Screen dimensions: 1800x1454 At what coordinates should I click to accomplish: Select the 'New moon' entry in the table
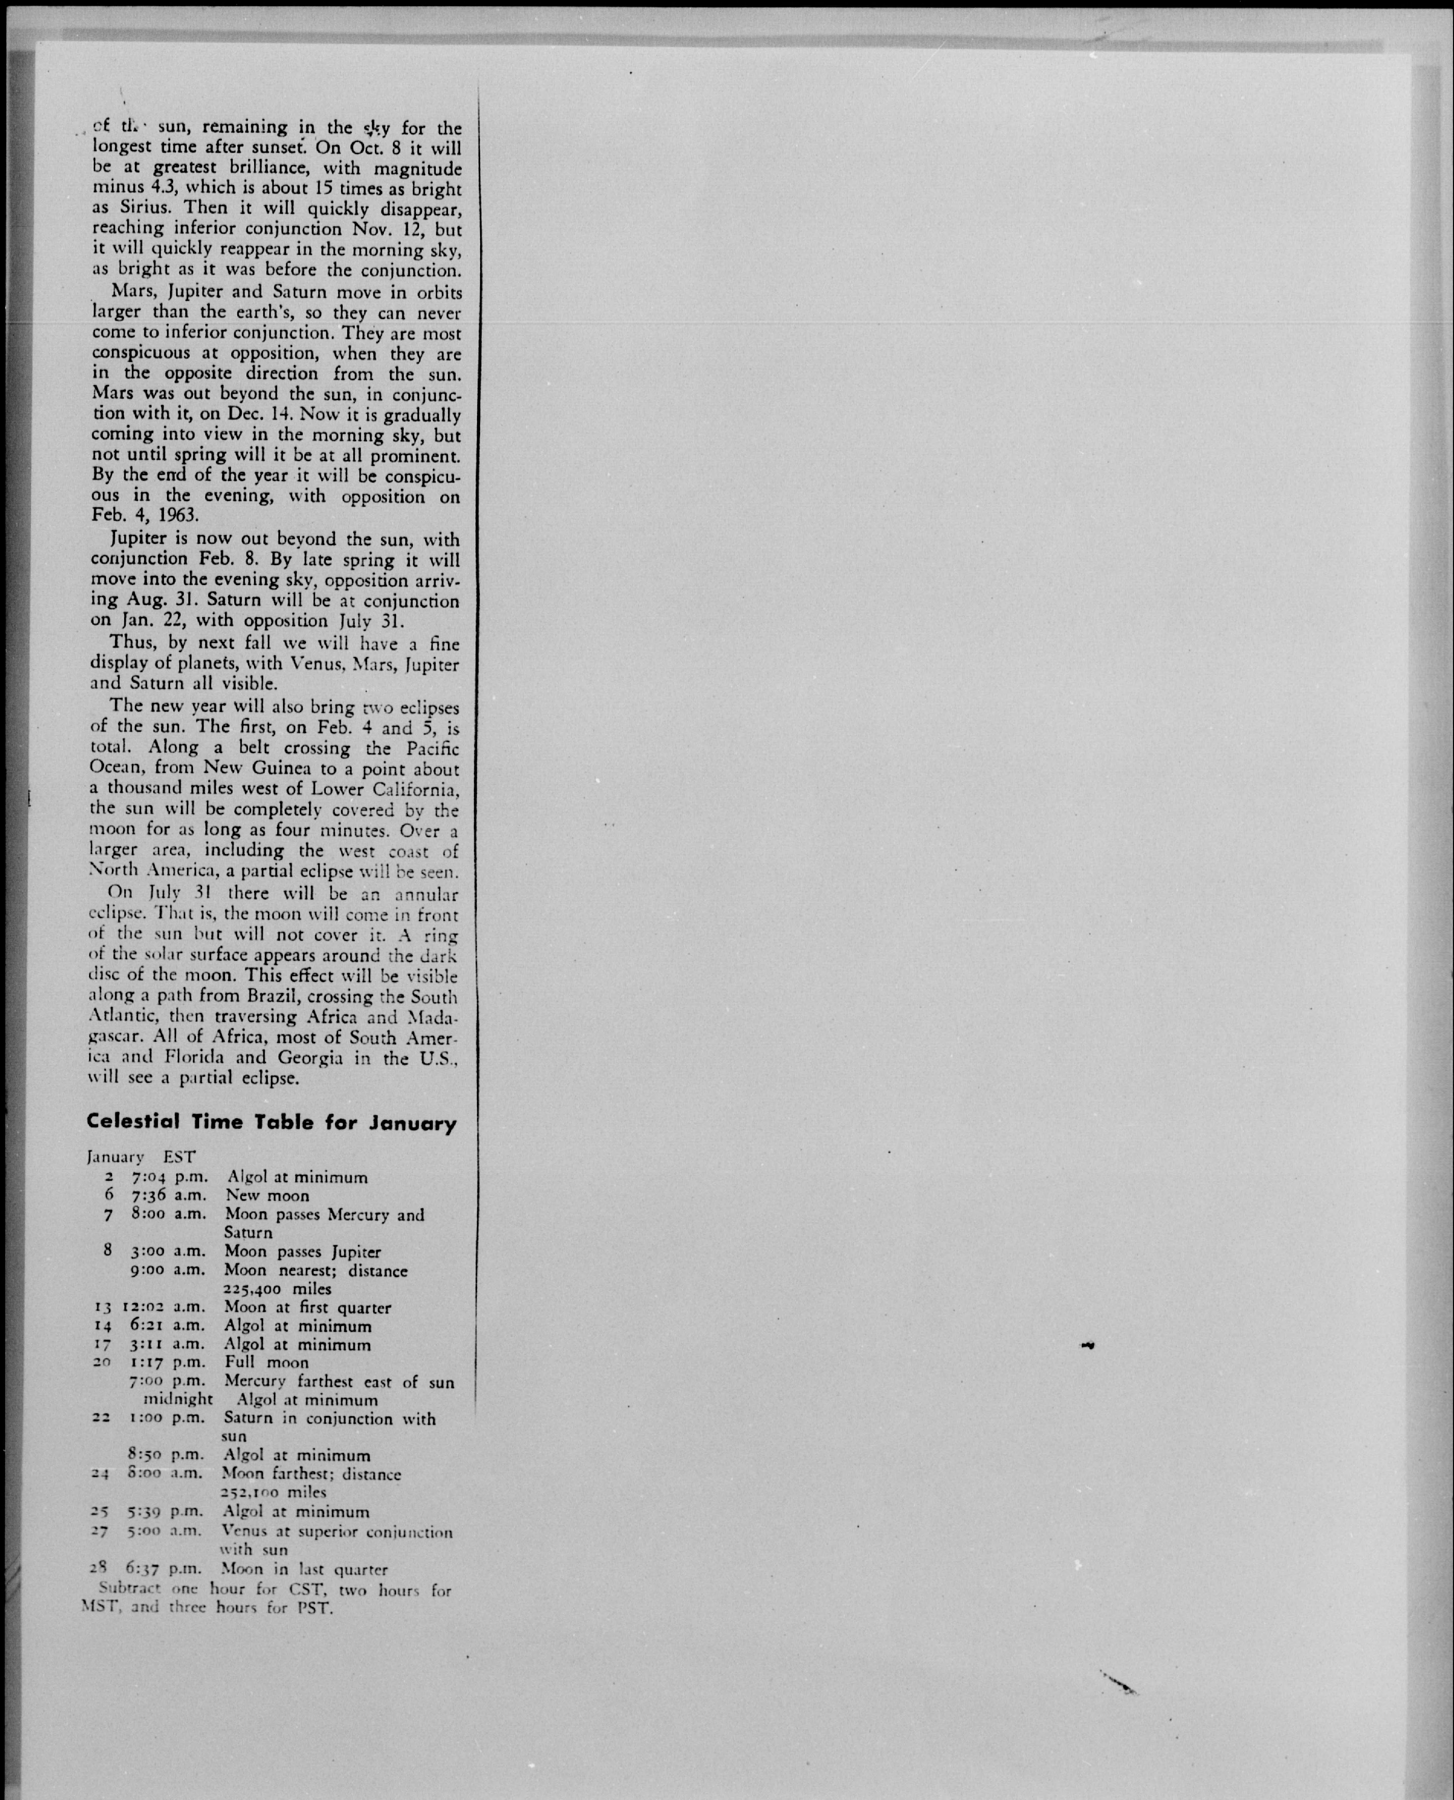click(267, 1195)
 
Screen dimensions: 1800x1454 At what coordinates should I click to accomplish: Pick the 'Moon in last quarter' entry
click(304, 1569)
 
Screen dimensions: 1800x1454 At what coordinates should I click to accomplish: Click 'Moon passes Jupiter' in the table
click(302, 1252)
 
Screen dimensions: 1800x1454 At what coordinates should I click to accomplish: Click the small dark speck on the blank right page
click(1088, 1346)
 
